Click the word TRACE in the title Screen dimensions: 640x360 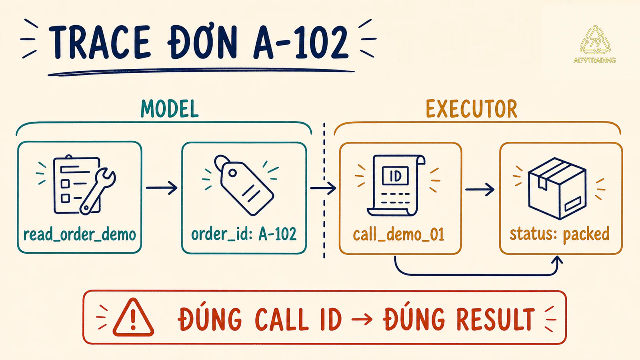coord(100,42)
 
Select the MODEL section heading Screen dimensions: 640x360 coord(170,108)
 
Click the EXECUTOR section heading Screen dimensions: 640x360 coord(472,108)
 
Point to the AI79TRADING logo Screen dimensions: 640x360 coord(595,44)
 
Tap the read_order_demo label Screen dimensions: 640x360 coord(80,234)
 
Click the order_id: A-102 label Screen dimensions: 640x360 coord(244,234)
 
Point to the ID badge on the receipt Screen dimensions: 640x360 coord(396,176)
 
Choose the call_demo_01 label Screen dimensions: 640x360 coord(398,234)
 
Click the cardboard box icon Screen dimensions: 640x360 coord(557,188)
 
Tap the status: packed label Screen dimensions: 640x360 coord(560,234)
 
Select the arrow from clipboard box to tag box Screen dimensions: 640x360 coord(162,188)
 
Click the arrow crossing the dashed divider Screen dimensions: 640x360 coord(323,188)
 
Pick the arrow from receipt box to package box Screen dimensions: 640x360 coord(480,190)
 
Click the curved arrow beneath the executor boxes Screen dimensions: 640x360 coord(476,275)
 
